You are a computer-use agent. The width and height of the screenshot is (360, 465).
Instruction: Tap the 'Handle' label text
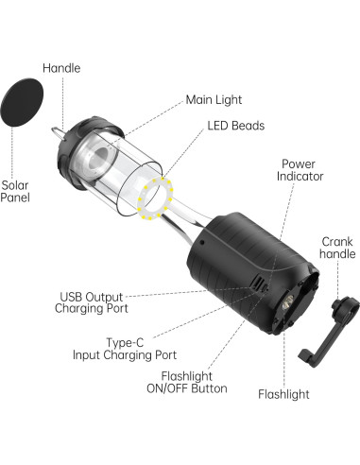click(62, 67)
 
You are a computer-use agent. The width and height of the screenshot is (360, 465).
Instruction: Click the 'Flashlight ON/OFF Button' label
click(186, 407)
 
